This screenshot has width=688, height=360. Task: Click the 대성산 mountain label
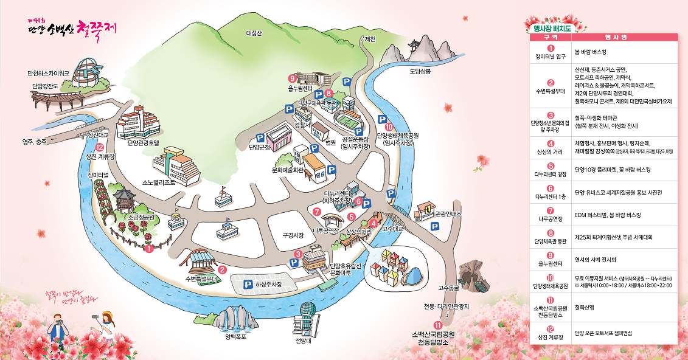coord(254,33)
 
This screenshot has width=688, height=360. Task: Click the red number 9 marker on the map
coord(292,78)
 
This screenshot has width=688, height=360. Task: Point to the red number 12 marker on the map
coord(100,147)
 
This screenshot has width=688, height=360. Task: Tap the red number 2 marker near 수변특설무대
coord(222,270)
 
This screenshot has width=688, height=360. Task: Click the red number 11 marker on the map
coord(437,324)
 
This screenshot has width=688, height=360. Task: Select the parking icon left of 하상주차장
coord(248,284)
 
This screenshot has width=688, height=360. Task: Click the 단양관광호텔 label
coord(143,144)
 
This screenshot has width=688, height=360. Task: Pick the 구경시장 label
coord(293,235)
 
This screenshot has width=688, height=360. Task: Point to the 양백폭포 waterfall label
coord(235,336)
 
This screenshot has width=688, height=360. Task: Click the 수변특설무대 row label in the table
coord(551,91)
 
